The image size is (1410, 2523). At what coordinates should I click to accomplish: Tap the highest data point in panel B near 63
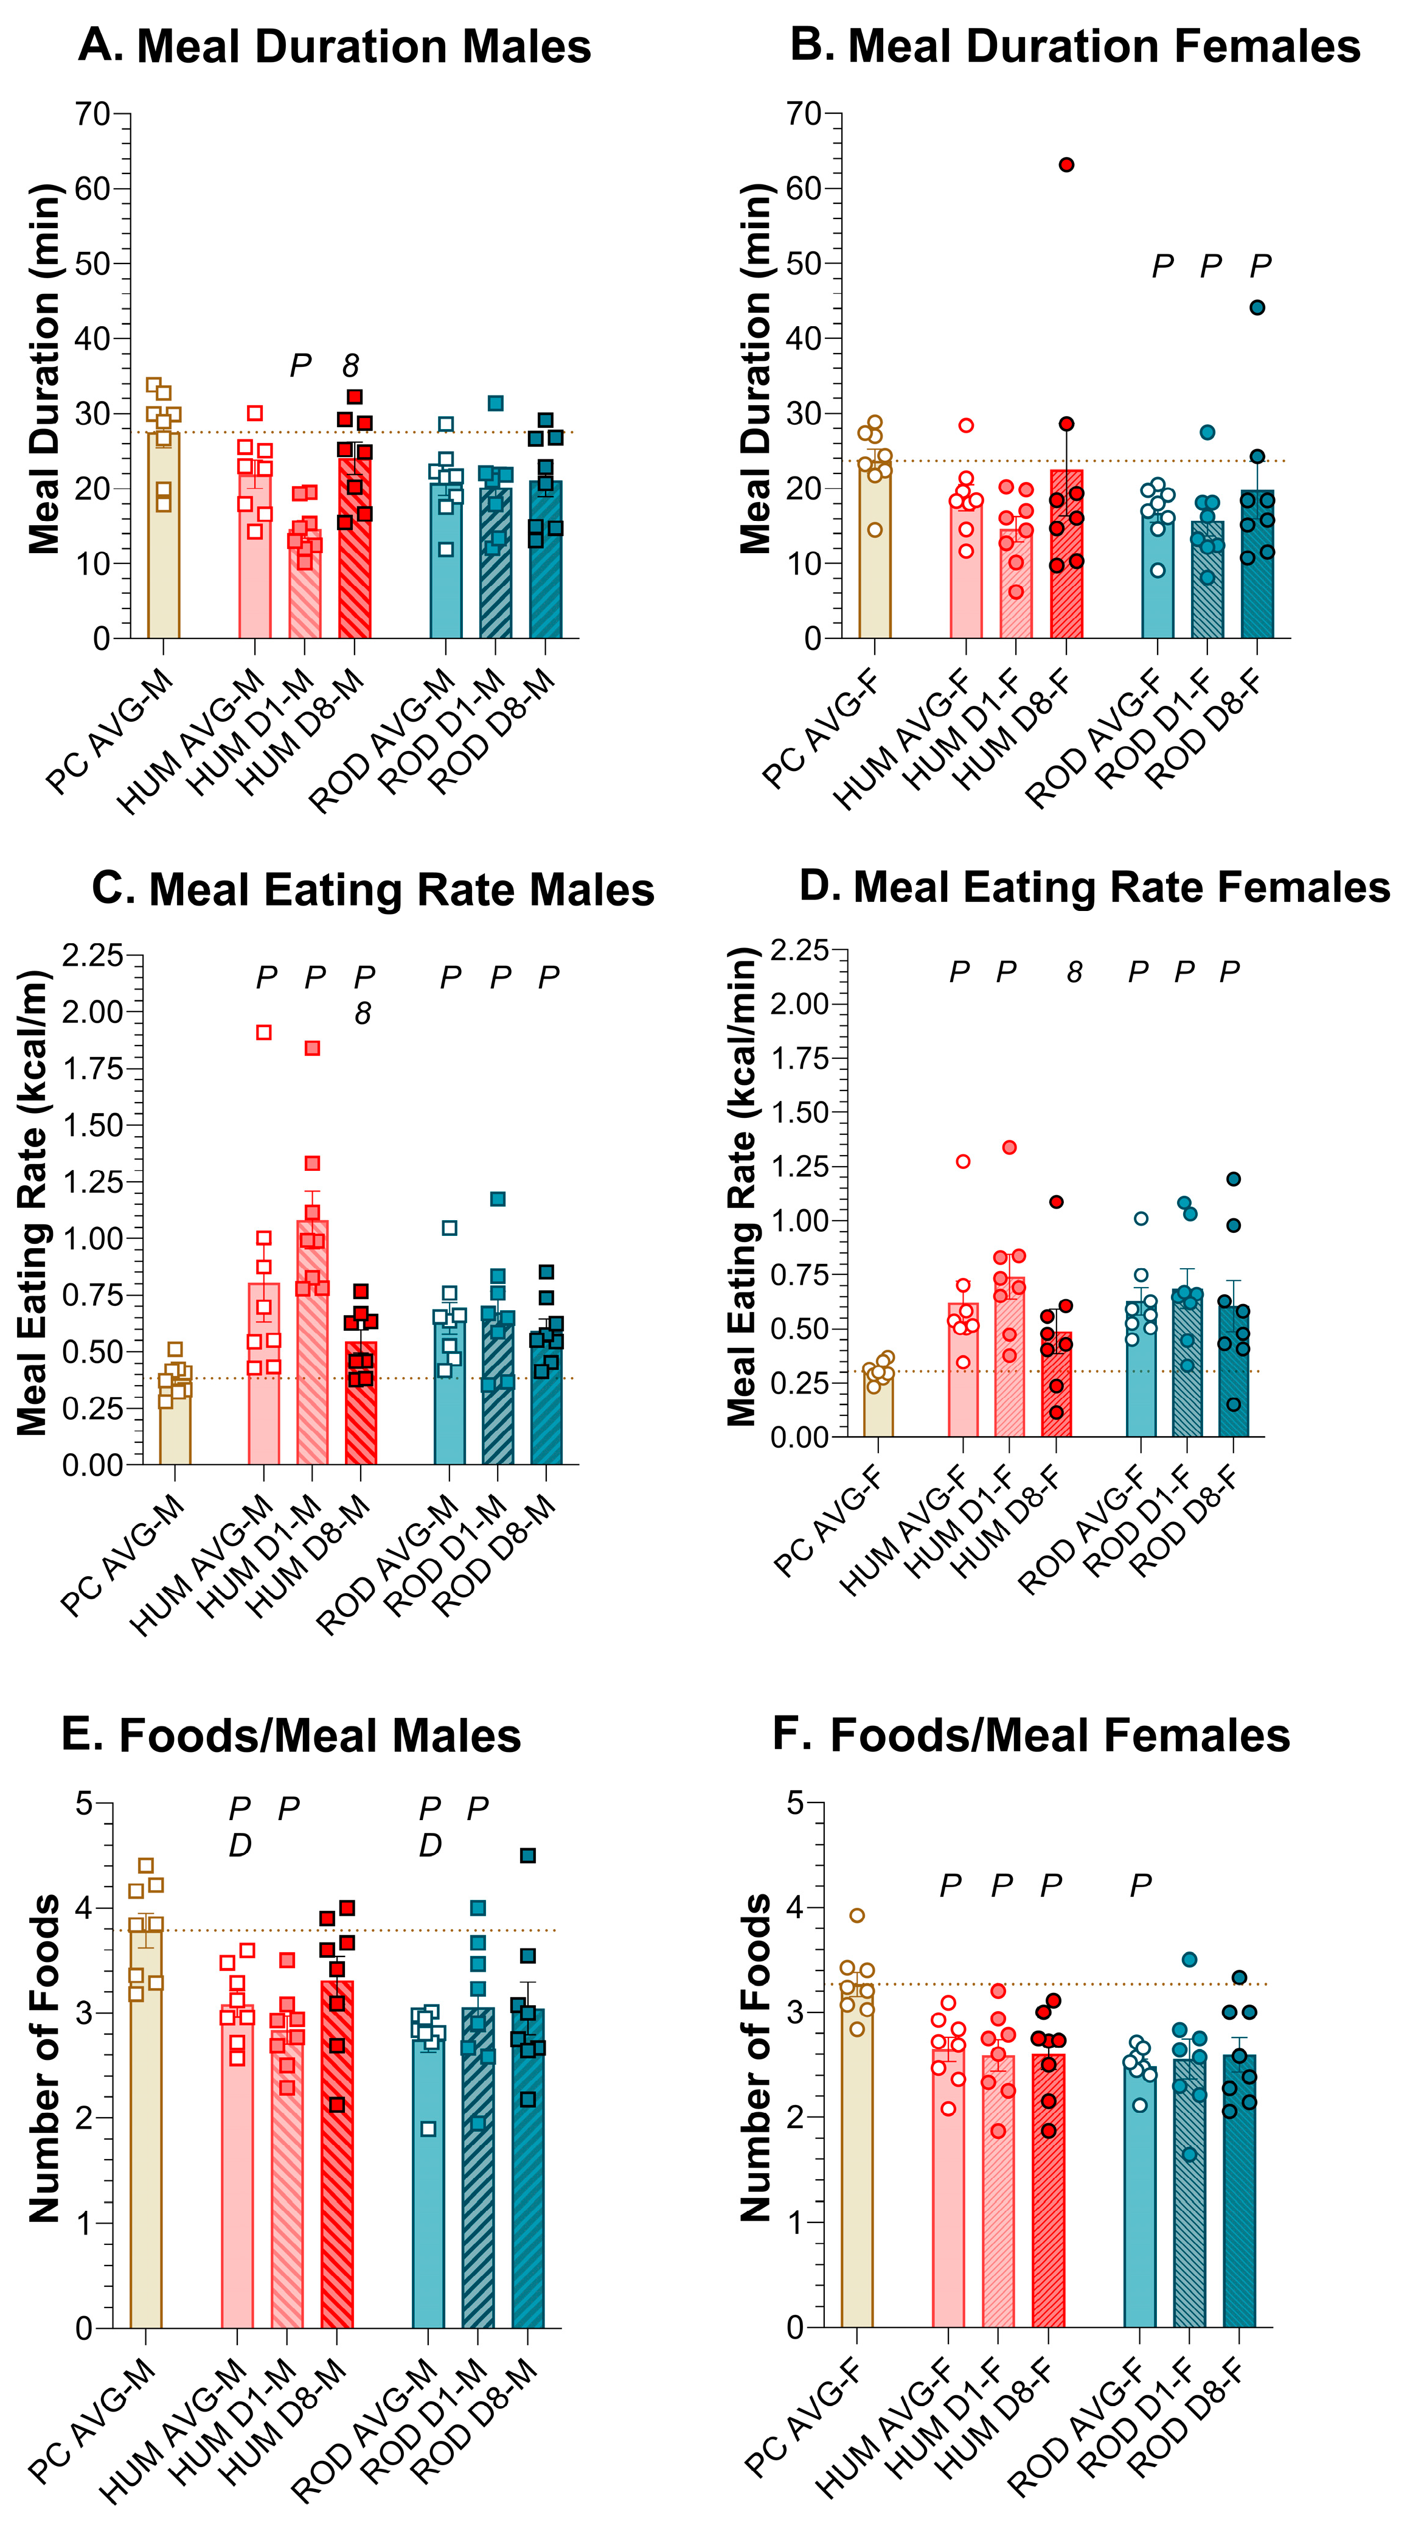coord(1066,164)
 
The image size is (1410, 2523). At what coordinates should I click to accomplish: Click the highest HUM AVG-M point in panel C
coord(263,1031)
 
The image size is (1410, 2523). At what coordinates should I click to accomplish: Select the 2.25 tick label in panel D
coord(800,949)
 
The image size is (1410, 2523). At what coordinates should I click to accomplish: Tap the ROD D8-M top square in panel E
coord(528,1855)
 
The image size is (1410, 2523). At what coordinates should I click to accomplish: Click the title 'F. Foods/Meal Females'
coord(1031,1734)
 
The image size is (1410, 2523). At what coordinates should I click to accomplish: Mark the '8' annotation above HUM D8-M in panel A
coord(350,366)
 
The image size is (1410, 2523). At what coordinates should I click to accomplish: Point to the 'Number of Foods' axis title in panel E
coord(44,2057)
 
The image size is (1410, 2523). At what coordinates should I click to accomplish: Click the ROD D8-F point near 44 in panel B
coord(1257,307)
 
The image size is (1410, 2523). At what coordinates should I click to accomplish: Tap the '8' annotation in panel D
coord(1075,972)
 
